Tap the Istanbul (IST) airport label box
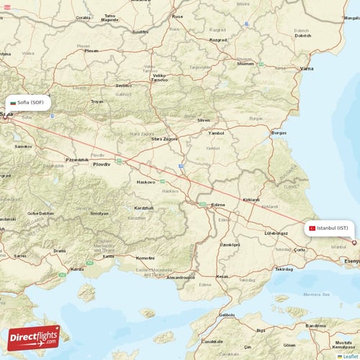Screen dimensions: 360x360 point(329,228)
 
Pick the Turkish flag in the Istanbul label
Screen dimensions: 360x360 point(312,228)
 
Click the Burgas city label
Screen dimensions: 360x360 point(279,132)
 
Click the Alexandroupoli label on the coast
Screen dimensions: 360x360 point(181,276)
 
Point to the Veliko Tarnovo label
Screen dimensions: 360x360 point(160,77)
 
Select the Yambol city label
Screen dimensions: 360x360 point(215,133)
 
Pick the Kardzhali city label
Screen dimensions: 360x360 point(143,207)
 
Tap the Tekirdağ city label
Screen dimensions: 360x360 point(285,269)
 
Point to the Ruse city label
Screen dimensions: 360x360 point(177,16)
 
